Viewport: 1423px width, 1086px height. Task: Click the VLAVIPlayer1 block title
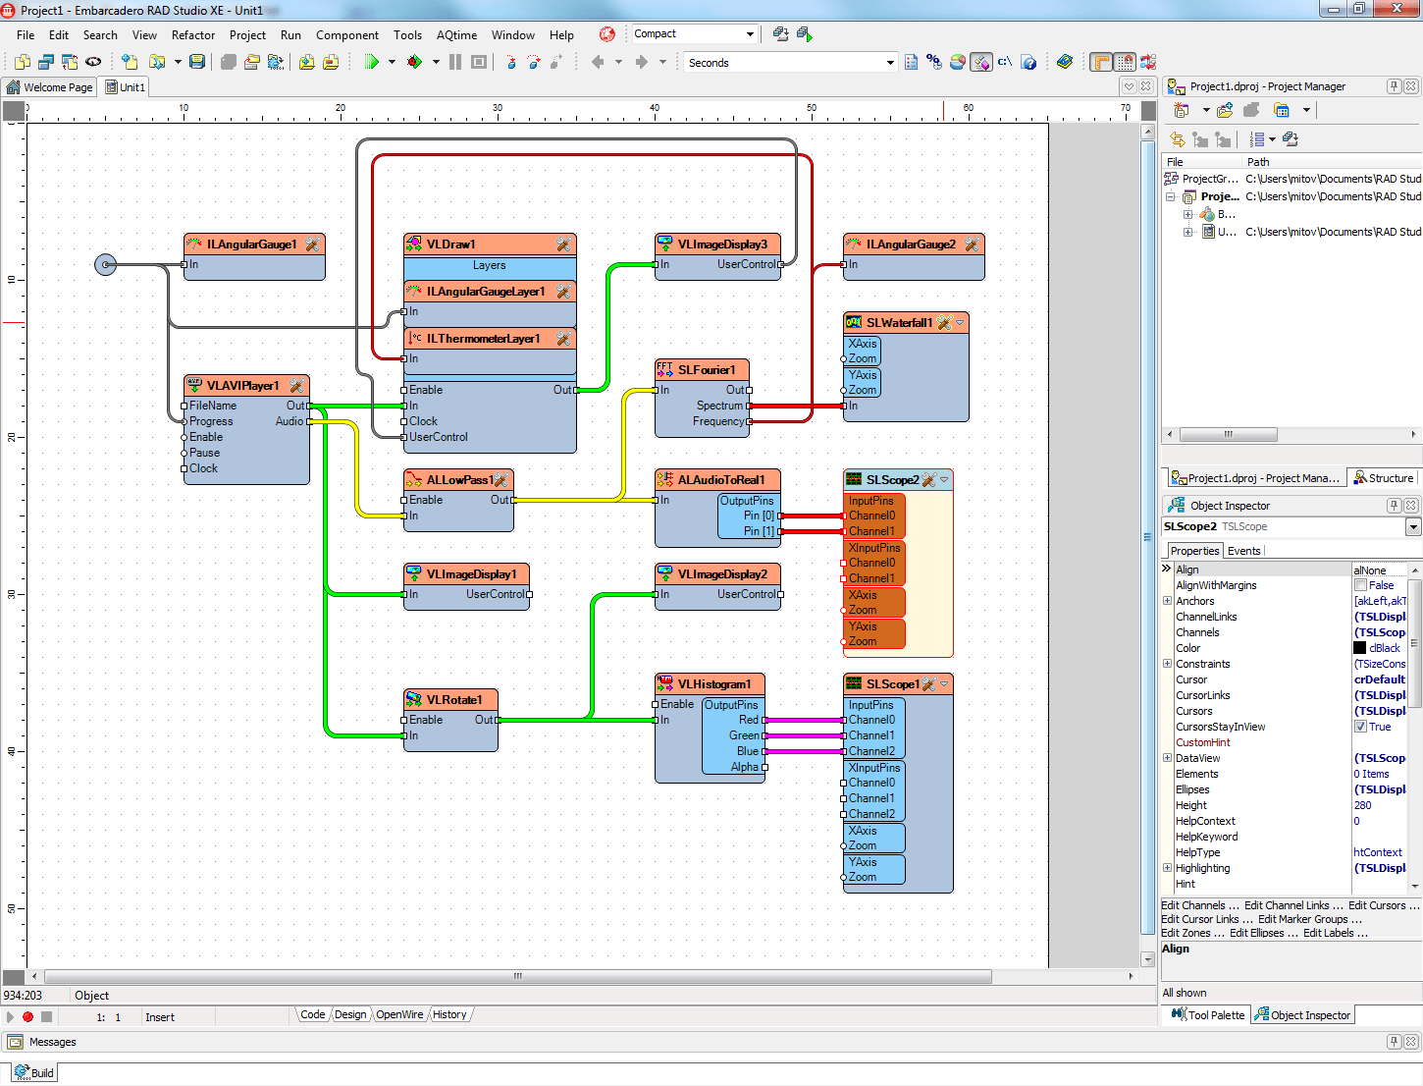coord(242,386)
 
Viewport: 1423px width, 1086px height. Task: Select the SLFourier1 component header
coord(706,370)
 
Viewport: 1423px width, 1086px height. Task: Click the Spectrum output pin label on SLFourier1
coord(719,406)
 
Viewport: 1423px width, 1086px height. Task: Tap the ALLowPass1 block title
coord(459,480)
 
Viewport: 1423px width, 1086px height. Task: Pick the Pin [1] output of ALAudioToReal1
coord(759,531)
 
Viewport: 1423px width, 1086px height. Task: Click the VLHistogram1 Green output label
coord(744,735)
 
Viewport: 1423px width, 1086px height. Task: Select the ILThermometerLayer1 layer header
coord(483,339)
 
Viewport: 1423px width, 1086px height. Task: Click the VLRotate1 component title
coord(453,700)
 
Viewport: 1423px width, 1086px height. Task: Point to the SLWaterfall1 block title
coord(899,323)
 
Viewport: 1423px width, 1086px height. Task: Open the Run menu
coord(290,35)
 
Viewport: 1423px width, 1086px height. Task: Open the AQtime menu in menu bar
coord(456,35)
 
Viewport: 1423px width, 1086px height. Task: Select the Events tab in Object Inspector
coord(1243,551)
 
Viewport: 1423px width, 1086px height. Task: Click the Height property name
coord(1191,805)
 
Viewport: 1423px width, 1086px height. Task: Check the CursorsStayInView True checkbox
coord(1360,727)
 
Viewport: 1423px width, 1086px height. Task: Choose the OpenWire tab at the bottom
coord(399,1014)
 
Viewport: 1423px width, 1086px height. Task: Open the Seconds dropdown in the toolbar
coord(890,63)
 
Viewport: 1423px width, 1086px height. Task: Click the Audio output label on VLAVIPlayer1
coord(289,421)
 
